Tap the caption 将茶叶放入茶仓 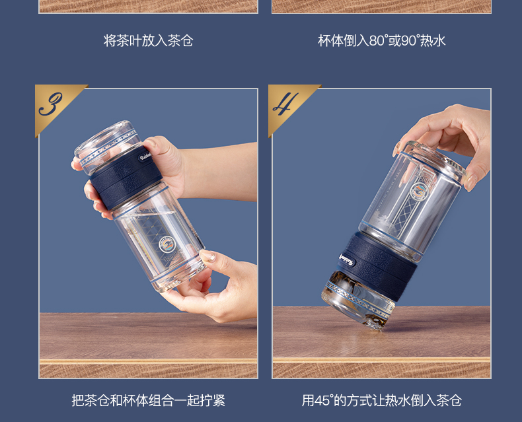(148, 41)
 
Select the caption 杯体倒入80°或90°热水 (381, 41)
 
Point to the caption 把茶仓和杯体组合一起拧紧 (148, 400)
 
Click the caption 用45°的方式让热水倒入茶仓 (381, 400)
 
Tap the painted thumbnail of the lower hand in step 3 (207, 256)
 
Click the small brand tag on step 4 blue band (346, 260)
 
